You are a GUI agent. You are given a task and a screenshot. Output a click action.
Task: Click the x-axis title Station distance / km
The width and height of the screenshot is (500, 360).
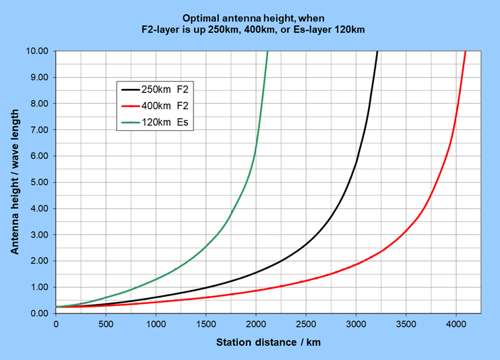click(x=268, y=342)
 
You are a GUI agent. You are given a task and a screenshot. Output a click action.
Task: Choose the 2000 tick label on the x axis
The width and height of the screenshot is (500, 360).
click(x=255, y=325)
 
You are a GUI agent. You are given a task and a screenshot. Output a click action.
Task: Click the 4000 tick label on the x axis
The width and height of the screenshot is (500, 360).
click(x=456, y=325)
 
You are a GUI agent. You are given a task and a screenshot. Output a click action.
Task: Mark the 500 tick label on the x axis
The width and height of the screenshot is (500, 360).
click(x=106, y=325)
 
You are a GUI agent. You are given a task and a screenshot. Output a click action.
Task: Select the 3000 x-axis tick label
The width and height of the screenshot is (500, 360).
click(x=356, y=325)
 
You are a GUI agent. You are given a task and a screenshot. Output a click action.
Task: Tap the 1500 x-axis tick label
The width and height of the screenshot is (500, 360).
click(x=206, y=325)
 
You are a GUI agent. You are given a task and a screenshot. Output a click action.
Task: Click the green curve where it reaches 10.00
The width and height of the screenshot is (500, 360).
click(x=268, y=52)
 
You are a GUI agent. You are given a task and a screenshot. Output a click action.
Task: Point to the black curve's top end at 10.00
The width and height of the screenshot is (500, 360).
click(x=377, y=52)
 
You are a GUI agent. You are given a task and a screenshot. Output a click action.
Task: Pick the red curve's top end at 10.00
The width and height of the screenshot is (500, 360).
click(x=465, y=52)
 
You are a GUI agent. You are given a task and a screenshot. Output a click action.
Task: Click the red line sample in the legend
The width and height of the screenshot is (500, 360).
click(x=128, y=106)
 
